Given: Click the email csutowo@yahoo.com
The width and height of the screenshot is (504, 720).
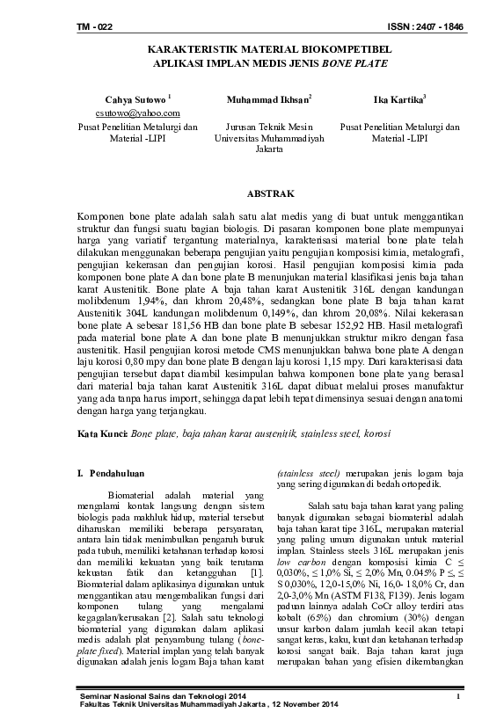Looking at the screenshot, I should pos(136,113).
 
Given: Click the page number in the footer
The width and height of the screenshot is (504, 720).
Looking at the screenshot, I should pos(459,697).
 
